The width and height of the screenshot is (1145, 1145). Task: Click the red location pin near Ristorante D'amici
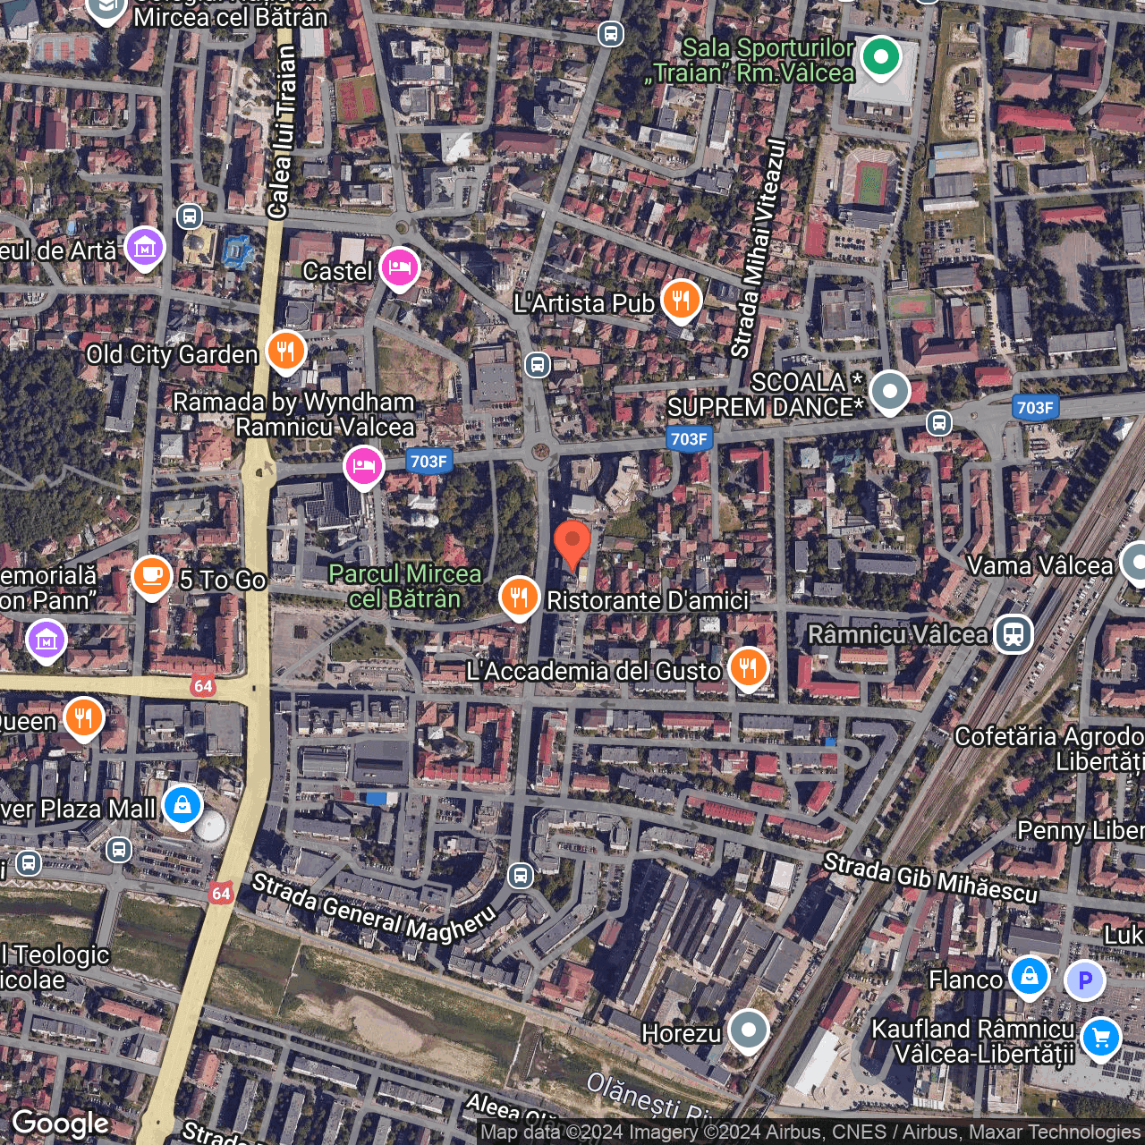(572, 542)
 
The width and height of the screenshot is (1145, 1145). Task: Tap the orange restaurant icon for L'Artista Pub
(682, 301)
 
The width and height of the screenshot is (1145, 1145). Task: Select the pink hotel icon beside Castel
(400, 267)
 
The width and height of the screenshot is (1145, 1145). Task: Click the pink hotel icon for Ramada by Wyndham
(364, 466)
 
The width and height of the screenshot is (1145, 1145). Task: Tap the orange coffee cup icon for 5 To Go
(152, 576)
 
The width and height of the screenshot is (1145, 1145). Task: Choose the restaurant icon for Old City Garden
(285, 352)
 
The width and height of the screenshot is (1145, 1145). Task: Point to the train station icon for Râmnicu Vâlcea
(1014, 634)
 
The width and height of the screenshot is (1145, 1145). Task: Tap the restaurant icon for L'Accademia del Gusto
(748, 667)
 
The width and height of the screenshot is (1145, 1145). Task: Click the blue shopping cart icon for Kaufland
(1100, 1039)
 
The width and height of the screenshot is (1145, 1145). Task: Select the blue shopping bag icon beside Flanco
(1030, 976)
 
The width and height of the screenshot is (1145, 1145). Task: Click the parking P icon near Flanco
(1085, 980)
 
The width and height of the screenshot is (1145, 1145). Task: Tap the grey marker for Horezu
(749, 1030)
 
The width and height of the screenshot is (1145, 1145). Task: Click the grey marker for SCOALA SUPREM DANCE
(890, 392)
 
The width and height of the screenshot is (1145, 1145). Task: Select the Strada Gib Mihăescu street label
(930, 878)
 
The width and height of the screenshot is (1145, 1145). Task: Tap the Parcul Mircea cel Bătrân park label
(405, 586)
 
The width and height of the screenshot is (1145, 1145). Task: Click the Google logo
(61, 1124)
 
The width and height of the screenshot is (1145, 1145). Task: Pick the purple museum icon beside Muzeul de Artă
(144, 247)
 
